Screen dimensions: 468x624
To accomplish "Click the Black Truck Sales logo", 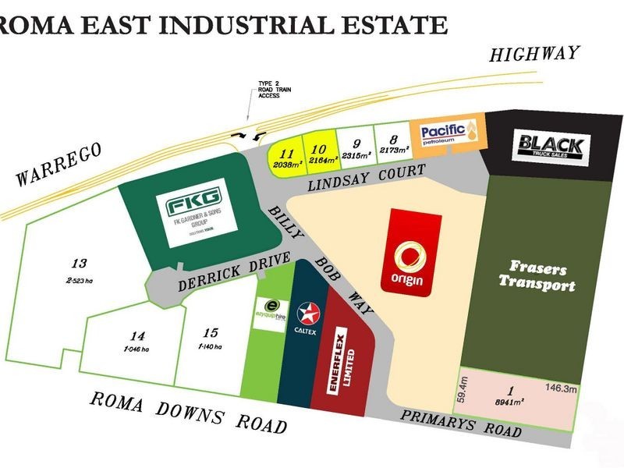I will pyautogui.click(x=551, y=147).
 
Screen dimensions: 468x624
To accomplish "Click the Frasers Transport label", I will pyautogui.click(x=537, y=274).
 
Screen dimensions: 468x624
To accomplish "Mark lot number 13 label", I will pyautogui.click(x=78, y=264).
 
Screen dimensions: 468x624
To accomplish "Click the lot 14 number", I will pyautogui.click(x=137, y=337).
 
